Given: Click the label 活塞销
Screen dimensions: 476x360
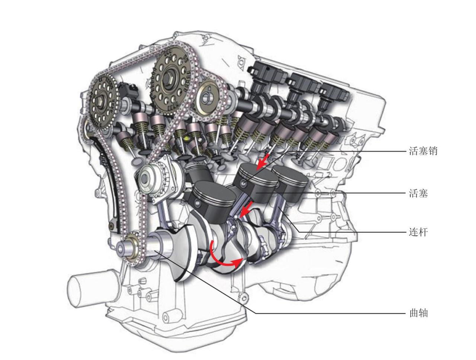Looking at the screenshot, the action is pos(423,151).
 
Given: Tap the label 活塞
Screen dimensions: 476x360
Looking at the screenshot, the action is pos(418,193).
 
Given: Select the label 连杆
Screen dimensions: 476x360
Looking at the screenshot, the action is pos(418,232).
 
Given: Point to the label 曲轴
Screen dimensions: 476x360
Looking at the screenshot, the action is pos(418,313).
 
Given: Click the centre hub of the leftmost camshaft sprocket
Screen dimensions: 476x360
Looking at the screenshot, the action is pos(101,101).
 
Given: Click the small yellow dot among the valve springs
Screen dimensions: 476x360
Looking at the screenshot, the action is pos(186,137).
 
